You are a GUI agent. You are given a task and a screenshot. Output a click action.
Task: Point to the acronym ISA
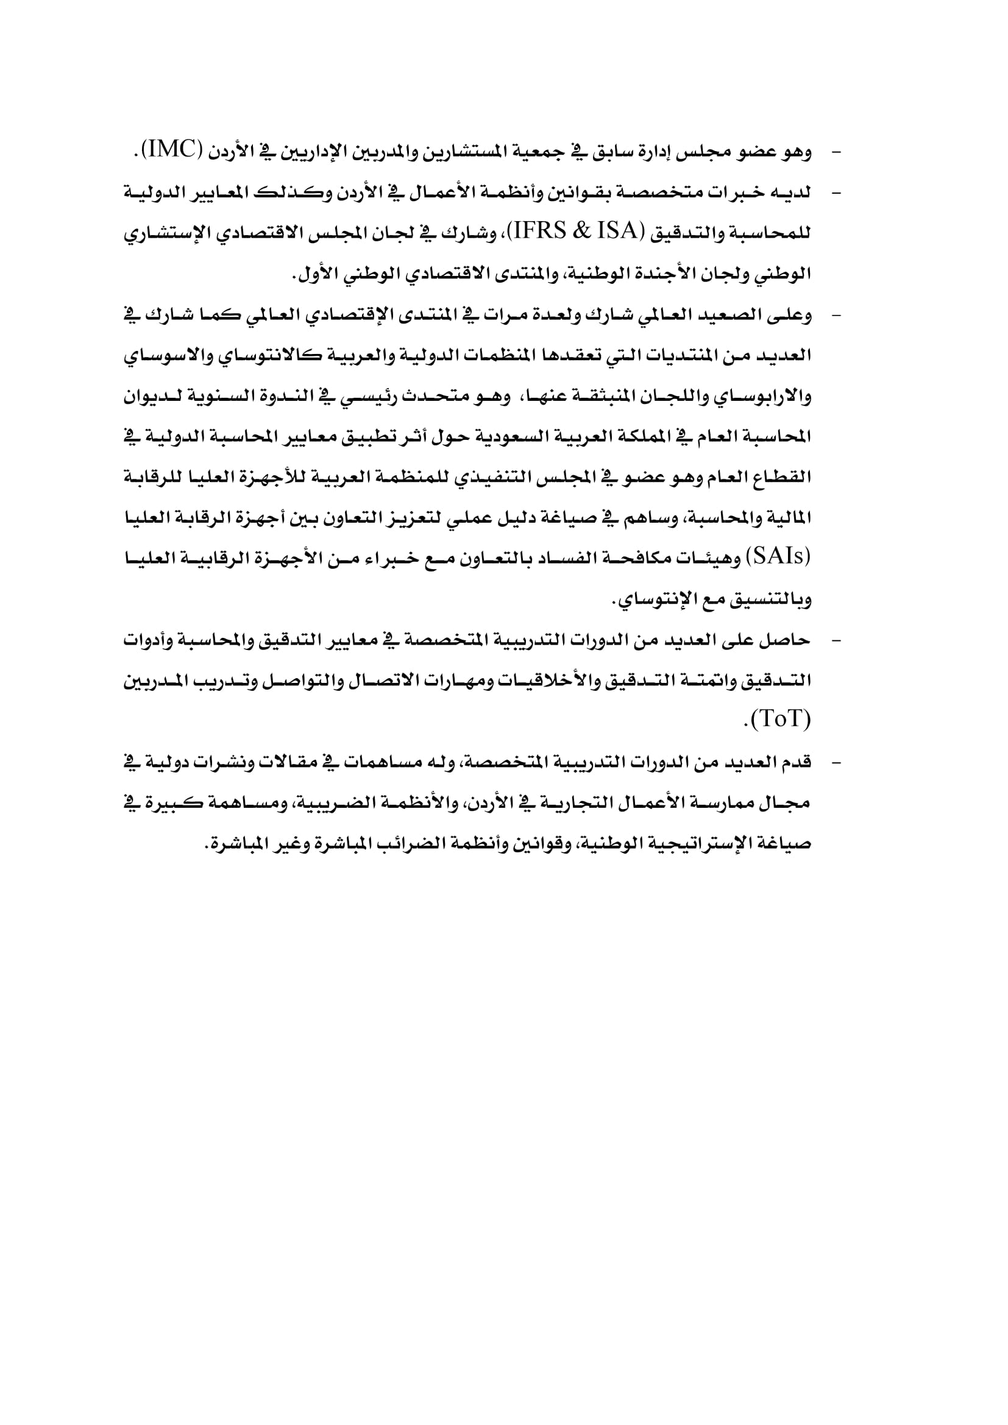point(619,232)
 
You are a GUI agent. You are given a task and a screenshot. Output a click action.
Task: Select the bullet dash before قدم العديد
point(836,763)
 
